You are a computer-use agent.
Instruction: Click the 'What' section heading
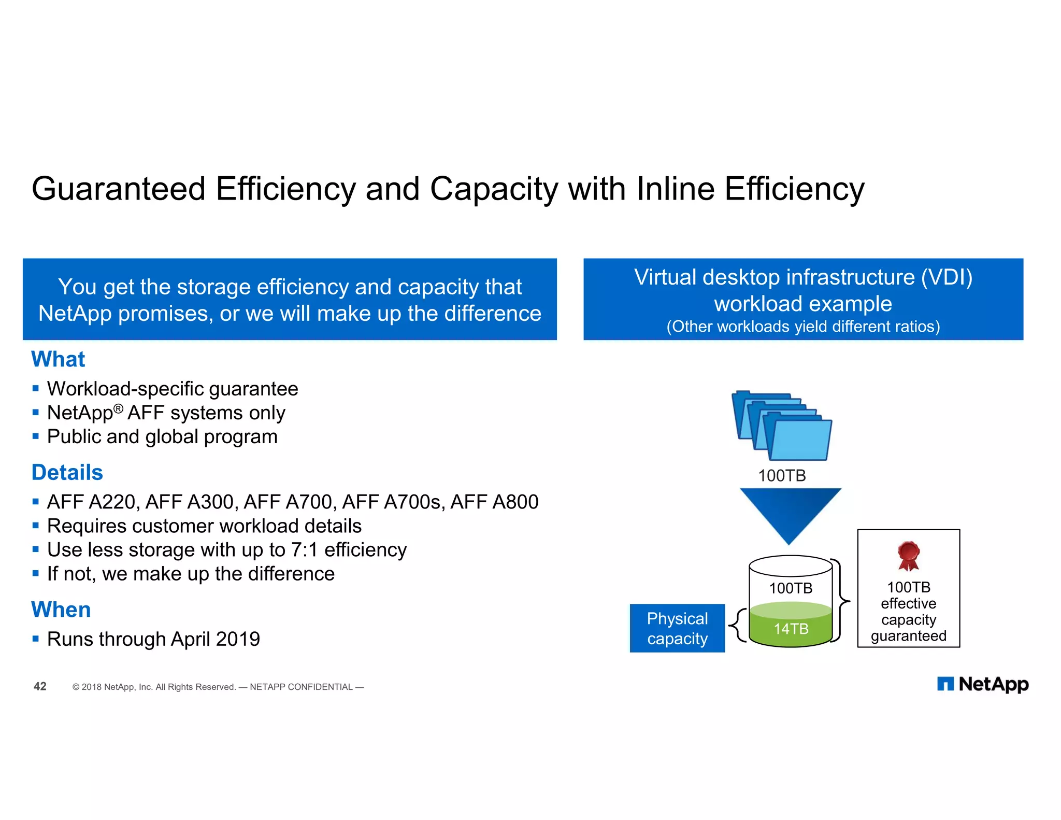(x=58, y=359)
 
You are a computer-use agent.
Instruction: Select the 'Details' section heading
(x=67, y=472)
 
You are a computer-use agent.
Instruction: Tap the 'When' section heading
(x=61, y=610)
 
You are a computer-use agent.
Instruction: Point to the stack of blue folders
(x=782, y=425)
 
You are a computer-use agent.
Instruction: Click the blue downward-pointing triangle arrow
(x=790, y=513)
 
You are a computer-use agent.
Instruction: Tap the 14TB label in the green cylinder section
(x=791, y=629)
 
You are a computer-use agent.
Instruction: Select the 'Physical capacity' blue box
(x=677, y=628)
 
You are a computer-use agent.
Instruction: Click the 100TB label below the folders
(x=782, y=475)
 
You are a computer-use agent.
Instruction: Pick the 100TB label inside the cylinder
(x=791, y=588)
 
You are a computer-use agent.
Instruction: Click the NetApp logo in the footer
(x=982, y=684)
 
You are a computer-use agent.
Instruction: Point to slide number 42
(x=40, y=686)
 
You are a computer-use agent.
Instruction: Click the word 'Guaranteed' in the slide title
(x=119, y=189)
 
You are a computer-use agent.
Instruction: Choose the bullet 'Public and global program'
(x=162, y=437)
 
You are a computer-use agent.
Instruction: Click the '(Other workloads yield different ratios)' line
(x=803, y=327)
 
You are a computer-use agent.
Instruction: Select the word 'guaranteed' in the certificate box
(x=908, y=636)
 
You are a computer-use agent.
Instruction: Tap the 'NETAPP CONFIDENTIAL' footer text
(x=301, y=687)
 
